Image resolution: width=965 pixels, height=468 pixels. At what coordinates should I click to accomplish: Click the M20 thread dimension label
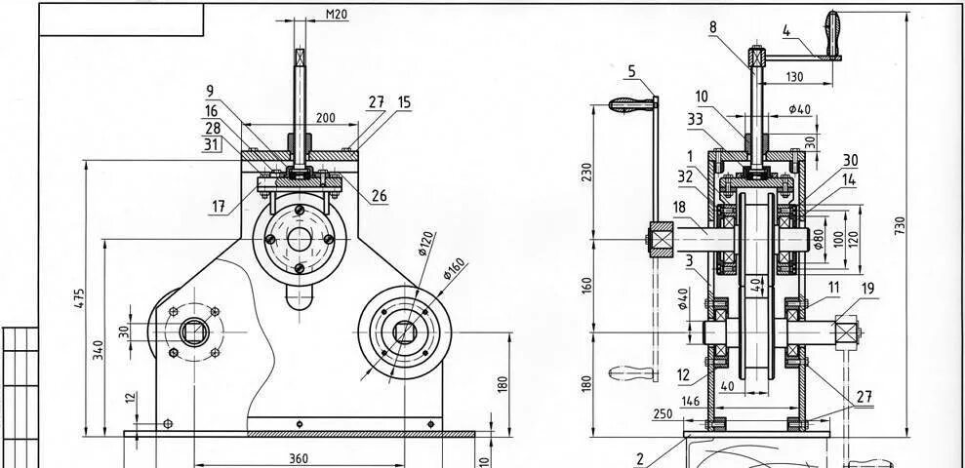(x=336, y=15)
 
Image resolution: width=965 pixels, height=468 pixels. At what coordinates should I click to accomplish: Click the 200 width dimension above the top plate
(x=325, y=118)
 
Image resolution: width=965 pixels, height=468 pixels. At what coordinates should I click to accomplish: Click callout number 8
(x=713, y=27)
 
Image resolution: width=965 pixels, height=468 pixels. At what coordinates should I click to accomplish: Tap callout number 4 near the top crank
(x=785, y=30)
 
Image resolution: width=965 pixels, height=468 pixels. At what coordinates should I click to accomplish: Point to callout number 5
(x=631, y=70)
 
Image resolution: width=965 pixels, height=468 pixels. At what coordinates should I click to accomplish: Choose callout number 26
(x=379, y=196)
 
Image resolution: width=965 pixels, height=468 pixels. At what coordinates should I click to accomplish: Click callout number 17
(x=219, y=206)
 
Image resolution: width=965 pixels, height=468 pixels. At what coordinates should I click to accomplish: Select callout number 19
(x=867, y=289)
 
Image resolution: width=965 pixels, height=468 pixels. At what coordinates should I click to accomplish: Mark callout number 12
(x=684, y=374)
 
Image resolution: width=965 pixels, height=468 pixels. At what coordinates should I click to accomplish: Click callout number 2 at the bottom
(x=640, y=458)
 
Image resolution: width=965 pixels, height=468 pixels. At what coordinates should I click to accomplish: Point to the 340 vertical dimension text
(x=100, y=351)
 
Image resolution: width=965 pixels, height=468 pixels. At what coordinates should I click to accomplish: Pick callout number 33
(x=695, y=120)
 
